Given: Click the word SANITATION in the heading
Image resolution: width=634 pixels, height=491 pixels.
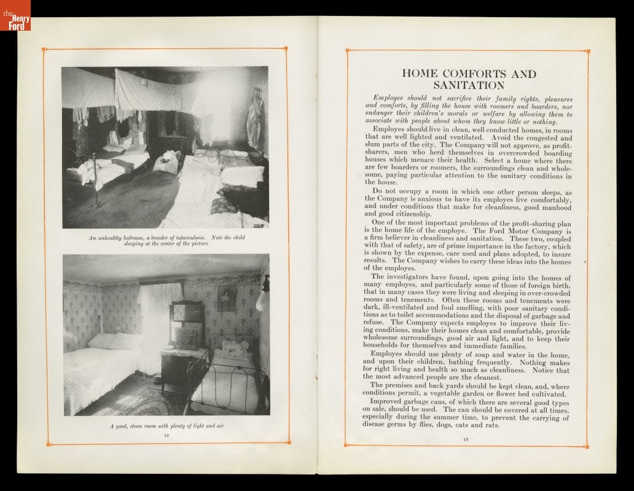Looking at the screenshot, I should point(468,85).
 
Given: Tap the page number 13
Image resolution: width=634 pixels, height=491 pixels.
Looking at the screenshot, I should point(466,438).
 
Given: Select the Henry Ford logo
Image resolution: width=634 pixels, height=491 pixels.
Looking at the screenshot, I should point(15,15).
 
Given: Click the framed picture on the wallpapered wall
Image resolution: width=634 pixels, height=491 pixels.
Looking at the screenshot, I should point(227,299).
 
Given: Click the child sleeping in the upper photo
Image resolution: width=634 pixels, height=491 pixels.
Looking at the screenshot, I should point(167,162).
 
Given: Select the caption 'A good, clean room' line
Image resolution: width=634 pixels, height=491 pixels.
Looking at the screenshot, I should point(166,425).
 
